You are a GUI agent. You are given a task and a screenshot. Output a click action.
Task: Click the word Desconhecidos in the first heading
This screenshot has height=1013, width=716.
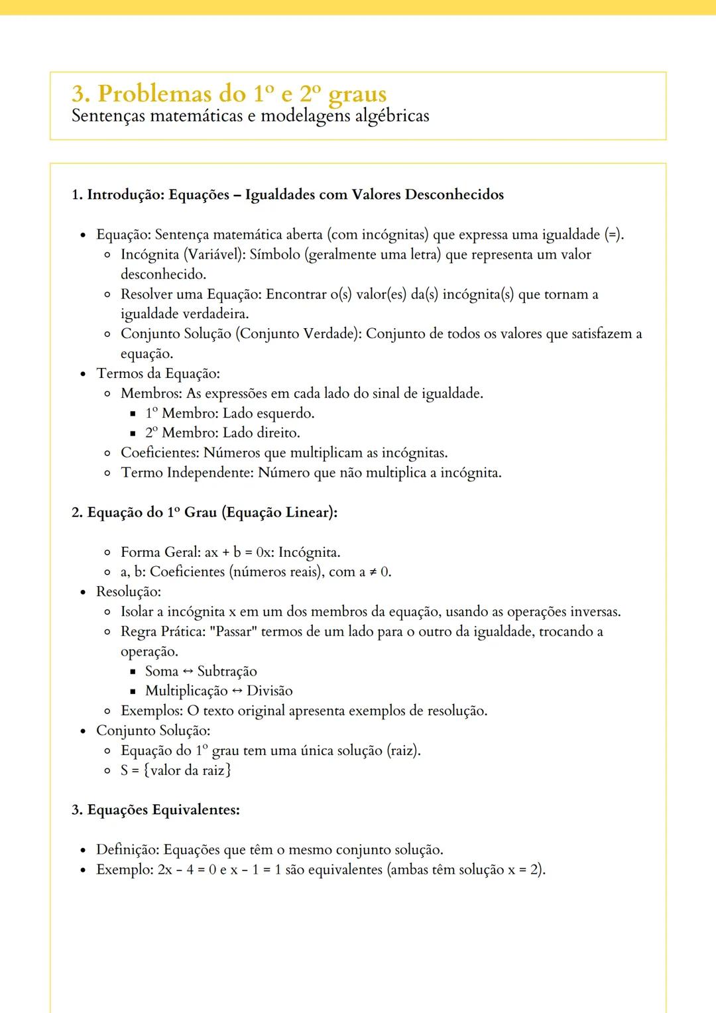[454, 195]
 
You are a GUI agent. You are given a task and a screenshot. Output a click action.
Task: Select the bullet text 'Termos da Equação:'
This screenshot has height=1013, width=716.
[158, 373]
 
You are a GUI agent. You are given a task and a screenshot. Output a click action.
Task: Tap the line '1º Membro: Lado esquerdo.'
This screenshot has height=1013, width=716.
[229, 413]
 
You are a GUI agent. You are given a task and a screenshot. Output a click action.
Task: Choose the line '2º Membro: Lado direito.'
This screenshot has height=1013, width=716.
[222, 433]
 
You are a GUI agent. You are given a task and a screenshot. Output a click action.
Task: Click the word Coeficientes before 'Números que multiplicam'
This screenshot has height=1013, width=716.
[159, 453]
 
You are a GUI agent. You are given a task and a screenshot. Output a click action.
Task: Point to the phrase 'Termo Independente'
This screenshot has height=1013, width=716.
[186, 473]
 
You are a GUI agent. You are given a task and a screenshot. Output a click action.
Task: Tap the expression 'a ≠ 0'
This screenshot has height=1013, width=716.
[375, 572]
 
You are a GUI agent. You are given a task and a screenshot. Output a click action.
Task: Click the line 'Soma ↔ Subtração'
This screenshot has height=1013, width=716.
[201, 672]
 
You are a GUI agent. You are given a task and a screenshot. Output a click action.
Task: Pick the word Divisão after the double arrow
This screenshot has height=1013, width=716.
[269, 691]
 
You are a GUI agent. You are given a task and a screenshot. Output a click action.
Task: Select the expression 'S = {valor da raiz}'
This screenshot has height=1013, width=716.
[176, 770]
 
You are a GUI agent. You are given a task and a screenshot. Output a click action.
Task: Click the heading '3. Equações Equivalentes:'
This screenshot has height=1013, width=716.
[156, 810]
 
